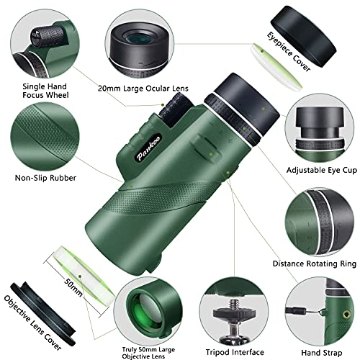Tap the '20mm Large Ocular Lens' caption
[138, 87]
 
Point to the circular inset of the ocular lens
[138, 40]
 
